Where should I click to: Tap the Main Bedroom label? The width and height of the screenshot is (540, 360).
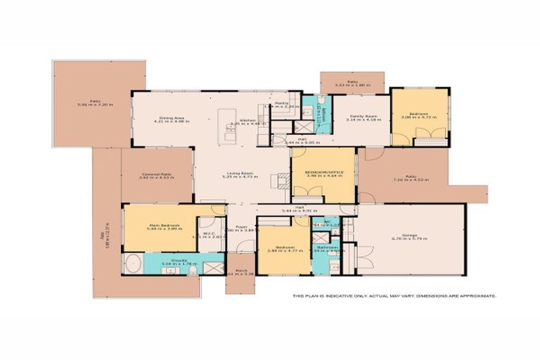(162, 226)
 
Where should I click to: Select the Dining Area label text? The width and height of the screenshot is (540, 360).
(168, 120)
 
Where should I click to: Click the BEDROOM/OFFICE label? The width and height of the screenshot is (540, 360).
(323, 172)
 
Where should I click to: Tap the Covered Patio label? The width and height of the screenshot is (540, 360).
(156, 176)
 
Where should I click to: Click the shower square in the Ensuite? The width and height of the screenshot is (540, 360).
(211, 266)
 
